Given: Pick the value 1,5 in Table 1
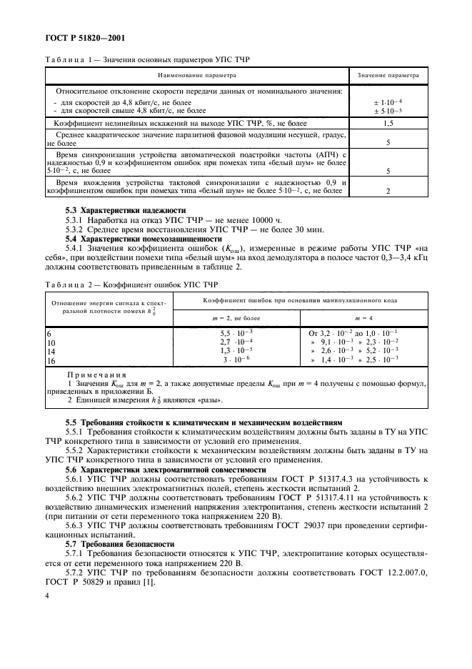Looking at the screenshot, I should point(387,123).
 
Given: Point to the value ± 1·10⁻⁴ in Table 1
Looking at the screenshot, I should point(387,102).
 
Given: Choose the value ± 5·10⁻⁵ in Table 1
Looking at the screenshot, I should point(387,110).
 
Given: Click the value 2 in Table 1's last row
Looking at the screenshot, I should point(387,192).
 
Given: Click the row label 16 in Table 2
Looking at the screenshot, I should point(50,362).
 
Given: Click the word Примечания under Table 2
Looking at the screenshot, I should point(96,375).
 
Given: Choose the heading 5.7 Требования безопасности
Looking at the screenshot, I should point(117,544).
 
